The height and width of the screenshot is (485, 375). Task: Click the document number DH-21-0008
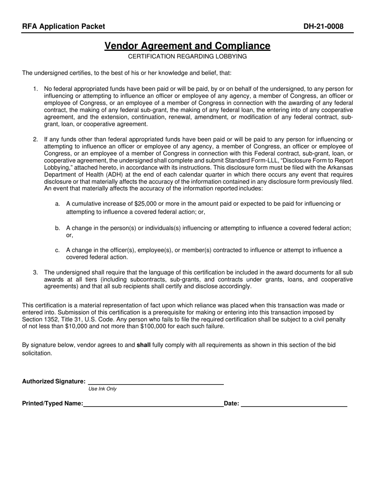(323, 26)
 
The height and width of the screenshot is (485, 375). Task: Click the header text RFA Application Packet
(64, 26)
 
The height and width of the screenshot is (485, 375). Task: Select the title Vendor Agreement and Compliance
(187, 46)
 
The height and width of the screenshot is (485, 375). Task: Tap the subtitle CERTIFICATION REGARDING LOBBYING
(187, 56)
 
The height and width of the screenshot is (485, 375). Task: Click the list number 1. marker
(36, 89)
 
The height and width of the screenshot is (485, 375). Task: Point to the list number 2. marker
(36, 139)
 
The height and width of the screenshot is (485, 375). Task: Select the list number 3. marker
(36, 272)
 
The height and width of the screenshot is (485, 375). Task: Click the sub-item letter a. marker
(58, 204)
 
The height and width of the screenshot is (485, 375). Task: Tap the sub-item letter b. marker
(58, 228)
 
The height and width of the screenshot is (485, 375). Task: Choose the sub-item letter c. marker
(58, 250)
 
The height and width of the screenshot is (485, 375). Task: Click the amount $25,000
(146, 204)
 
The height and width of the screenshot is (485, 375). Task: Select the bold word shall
(143, 345)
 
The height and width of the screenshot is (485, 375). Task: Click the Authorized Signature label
(54, 381)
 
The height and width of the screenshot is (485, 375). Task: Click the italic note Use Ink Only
(103, 389)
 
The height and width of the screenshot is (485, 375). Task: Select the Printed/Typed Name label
(52, 403)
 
